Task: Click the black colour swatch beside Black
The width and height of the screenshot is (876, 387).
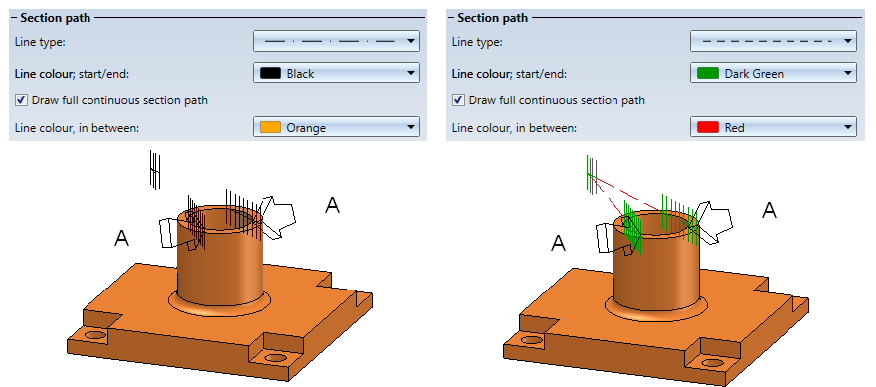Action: (270, 74)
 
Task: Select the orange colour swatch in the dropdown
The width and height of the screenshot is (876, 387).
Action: (270, 128)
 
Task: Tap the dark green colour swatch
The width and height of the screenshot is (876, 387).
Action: (708, 74)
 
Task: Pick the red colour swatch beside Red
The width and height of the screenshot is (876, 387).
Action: (708, 128)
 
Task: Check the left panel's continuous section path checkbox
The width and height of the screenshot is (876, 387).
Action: (21, 100)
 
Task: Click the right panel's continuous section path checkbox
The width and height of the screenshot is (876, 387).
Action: (458, 100)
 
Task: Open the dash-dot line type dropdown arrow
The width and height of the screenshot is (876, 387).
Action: (411, 41)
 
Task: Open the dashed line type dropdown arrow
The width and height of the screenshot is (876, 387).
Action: (848, 41)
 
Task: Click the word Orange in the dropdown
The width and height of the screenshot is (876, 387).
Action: (306, 128)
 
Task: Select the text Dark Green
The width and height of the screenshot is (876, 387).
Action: (754, 74)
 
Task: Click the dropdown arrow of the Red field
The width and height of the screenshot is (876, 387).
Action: (848, 128)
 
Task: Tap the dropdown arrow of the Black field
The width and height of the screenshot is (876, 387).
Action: (411, 73)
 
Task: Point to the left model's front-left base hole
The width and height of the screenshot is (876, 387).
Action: (95, 336)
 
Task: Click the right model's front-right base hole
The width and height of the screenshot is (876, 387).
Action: (711, 362)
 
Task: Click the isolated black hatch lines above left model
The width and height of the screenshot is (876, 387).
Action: (155, 169)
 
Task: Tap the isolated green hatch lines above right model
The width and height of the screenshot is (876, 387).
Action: (591, 174)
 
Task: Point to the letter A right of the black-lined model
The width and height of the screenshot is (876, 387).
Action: (332, 205)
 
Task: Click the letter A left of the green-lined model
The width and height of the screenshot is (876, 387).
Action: (558, 244)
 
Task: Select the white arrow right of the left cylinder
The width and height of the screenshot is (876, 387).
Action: (277, 218)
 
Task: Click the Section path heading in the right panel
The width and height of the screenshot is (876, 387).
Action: (493, 18)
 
